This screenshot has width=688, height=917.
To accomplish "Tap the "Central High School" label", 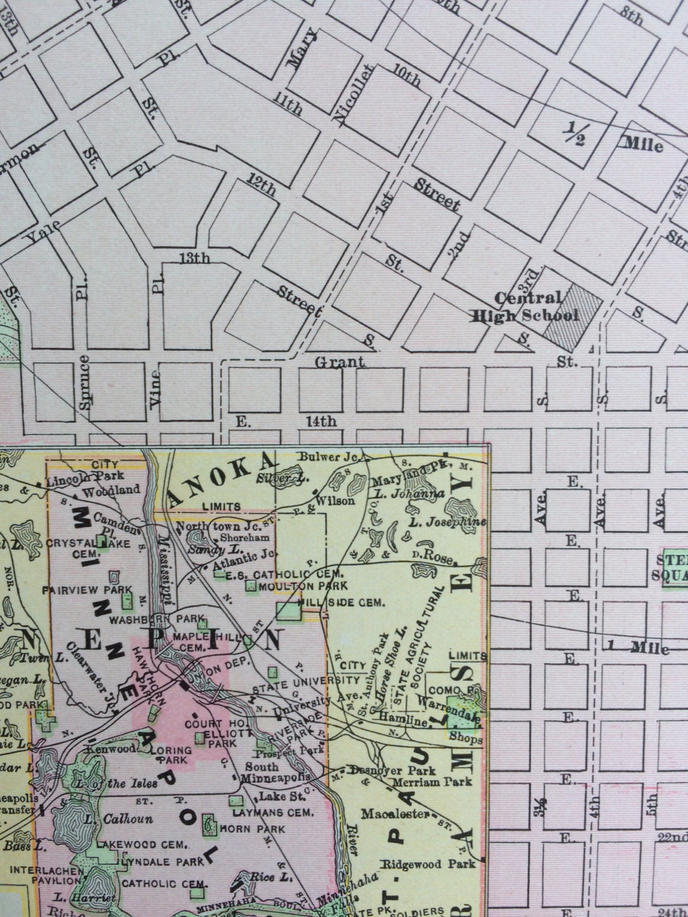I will [524, 307].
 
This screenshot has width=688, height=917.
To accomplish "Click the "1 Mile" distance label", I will [637, 647].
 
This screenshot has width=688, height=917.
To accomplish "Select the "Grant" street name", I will [339, 363].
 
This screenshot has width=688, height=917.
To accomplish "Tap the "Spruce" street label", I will [85, 382].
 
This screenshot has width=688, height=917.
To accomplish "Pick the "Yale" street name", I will [43, 232].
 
